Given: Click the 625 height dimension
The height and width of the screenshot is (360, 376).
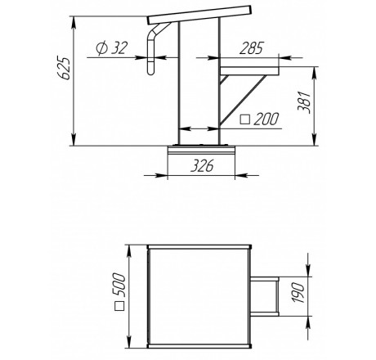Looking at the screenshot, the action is [x=65, y=68].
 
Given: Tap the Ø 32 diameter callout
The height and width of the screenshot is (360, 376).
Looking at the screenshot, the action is [x=111, y=48].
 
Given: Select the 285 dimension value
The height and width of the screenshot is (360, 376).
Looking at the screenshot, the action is [x=252, y=48].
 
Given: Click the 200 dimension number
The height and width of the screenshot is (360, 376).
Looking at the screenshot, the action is [x=266, y=119].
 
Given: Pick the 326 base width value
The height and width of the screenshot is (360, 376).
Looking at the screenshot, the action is [x=202, y=166].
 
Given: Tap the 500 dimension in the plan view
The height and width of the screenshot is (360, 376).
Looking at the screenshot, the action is [x=120, y=285].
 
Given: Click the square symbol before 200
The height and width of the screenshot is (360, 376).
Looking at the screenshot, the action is [x=245, y=119].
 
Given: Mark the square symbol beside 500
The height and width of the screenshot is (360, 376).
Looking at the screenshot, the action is [x=119, y=306].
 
